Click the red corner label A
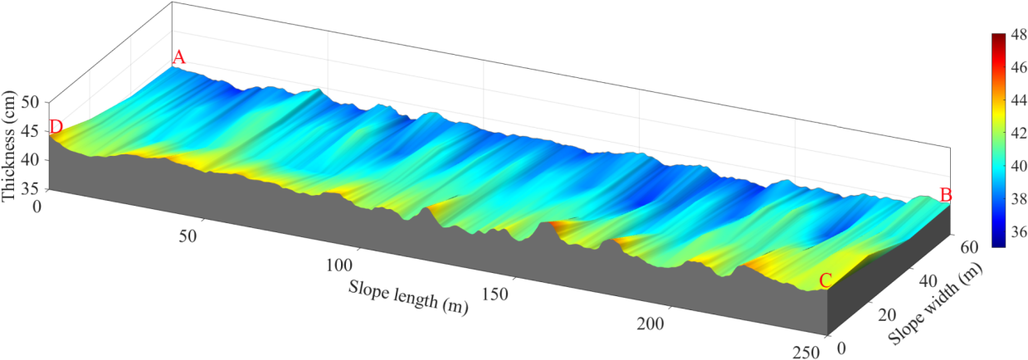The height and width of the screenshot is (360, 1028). point(178,58)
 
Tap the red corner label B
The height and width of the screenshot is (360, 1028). point(945,195)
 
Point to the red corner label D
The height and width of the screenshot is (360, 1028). point(56,128)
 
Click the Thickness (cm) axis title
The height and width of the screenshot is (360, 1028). point(9,148)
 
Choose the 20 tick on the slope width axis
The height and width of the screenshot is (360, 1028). point(887,314)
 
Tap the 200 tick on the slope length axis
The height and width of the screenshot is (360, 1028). point(651,323)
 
